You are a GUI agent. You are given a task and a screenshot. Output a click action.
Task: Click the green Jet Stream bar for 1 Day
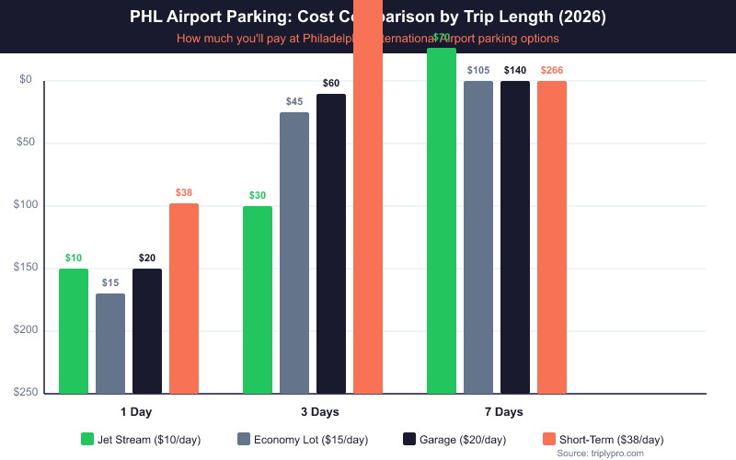point(74,331)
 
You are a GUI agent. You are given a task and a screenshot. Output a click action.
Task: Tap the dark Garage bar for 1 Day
point(147,331)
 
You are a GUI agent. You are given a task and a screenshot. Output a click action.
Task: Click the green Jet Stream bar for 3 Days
point(258,300)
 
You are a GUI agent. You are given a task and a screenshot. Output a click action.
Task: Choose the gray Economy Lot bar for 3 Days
point(294,253)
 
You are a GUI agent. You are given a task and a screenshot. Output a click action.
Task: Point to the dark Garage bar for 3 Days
point(331,244)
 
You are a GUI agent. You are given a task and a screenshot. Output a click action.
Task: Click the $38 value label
point(184,193)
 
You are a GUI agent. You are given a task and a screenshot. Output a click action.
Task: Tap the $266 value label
point(552,70)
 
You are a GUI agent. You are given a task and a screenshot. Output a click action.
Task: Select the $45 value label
point(294,101)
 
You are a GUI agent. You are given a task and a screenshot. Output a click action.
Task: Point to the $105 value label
point(478,70)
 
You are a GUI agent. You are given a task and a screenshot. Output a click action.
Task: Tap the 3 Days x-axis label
point(319,411)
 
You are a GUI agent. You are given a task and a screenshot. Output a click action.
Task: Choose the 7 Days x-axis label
point(503,411)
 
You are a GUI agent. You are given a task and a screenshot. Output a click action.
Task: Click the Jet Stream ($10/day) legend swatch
point(88,439)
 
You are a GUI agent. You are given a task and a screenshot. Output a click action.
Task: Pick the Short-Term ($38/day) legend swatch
point(549,439)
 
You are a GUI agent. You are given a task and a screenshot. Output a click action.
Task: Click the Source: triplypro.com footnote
point(601,454)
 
